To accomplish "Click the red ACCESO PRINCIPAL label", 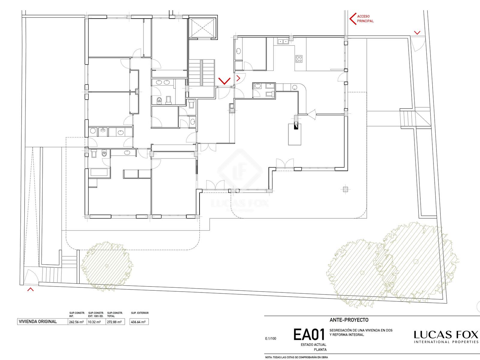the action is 365,19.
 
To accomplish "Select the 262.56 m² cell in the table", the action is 76,322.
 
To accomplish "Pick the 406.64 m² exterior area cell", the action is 139,322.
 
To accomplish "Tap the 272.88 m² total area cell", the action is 114,322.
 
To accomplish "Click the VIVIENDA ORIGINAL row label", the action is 38,322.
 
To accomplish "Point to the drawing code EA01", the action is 309,334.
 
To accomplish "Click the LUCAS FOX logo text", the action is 446,335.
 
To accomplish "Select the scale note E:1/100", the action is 271,339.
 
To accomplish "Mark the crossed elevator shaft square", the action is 202,28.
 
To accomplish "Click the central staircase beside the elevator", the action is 202,73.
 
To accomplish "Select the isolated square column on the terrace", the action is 345,189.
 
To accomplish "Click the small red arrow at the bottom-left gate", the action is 30,289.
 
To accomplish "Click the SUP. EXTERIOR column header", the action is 140,313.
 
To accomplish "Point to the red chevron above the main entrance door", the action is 224,81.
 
